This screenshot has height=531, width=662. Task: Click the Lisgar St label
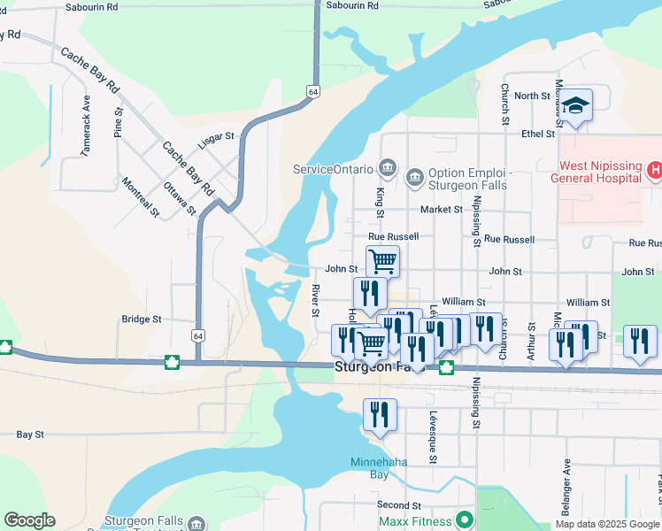pyautogui.click(x=216, y=137)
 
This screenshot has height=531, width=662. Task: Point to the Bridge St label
pyautogui.click(x=142, y=319)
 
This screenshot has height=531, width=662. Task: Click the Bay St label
pyautogui.click(x=30, y=435)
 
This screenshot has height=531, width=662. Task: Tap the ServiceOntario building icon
pyautogui.click(x=386, y=167)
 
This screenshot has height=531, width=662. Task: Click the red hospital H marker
pyautogui.click(x=654, y=169)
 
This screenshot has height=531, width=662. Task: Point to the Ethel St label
pyautogui.click(x=537, y=134)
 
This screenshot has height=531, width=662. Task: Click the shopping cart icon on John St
pyautogui.click(x=382, y=261)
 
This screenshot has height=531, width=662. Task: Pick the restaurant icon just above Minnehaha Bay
pyautogui.click(x=380, y=414)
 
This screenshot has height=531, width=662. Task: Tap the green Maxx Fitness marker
pyautogui.click(x=463, y=520)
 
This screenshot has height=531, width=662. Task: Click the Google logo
pyautogui.click(x=29, y=520)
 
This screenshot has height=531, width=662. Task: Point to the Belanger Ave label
pyautogui.click(x=566, y=488)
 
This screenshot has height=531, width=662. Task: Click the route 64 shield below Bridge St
pyautogui.click(x=197, y=336)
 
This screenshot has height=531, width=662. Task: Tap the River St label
pyautogui.click(x=315, y=300)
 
